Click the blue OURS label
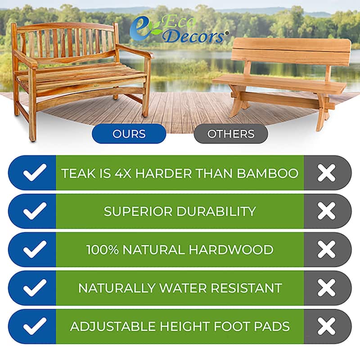point(129,134)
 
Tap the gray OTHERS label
point(230,134)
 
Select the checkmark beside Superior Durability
point(35,211)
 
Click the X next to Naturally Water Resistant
point(326,288)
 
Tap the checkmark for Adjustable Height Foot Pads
point(35,326)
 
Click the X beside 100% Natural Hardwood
point(326,250)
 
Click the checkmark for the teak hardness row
point(35,173)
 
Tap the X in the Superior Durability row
point(326,211)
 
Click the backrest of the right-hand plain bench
point(292,50)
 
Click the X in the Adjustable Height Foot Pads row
point(326,326)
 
